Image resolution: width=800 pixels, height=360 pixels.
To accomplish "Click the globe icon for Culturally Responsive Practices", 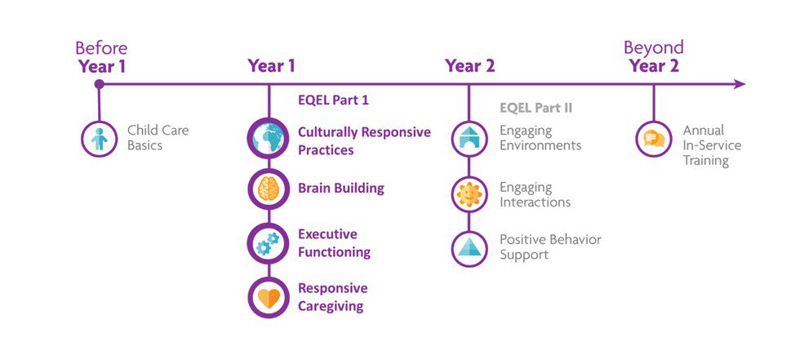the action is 269,139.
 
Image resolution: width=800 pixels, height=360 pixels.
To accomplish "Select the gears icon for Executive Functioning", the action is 269,243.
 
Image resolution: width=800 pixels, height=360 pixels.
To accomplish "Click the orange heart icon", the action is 269,298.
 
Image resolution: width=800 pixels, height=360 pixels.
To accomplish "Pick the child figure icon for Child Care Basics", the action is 100,139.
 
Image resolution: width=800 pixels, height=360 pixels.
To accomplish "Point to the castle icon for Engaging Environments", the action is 469,139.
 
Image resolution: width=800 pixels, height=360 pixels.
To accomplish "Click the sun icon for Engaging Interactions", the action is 469,194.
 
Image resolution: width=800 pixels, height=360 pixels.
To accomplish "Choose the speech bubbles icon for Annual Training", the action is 654,139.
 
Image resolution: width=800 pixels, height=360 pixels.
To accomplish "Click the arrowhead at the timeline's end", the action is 740,84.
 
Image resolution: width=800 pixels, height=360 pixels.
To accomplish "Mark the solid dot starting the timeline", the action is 100,84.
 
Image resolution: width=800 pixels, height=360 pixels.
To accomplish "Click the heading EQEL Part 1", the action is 333,100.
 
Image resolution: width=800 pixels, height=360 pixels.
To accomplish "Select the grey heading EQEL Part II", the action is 536,108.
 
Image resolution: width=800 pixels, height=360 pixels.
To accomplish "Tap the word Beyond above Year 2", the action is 654,47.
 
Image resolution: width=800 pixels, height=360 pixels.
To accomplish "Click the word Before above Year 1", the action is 101,48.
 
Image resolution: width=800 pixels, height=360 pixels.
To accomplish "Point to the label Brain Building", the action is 341,188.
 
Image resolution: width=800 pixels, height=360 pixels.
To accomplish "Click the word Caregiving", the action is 331,306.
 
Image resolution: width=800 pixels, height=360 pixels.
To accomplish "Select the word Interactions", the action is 536,202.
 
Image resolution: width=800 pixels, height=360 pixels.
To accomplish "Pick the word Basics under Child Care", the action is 145,145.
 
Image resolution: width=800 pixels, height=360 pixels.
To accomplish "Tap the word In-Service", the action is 712,145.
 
